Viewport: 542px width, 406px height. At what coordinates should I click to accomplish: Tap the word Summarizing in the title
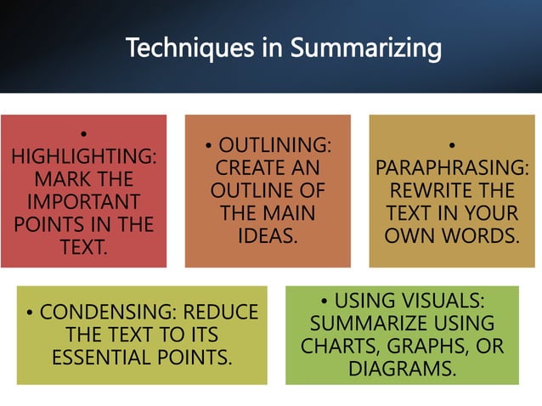coord(366,48)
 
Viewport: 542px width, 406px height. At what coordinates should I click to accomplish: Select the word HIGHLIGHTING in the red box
coord(83,157)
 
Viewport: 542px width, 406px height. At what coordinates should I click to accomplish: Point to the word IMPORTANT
coord(83,202)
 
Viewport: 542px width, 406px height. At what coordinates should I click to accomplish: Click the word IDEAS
coord(268,235)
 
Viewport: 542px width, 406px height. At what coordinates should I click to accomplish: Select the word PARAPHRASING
coord(452,168)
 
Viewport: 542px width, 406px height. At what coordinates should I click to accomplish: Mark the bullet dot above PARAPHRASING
coord(452,145)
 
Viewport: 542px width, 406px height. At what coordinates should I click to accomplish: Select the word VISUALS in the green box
coord(441,302)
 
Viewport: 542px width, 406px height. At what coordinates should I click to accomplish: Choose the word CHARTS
coord(334,347)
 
